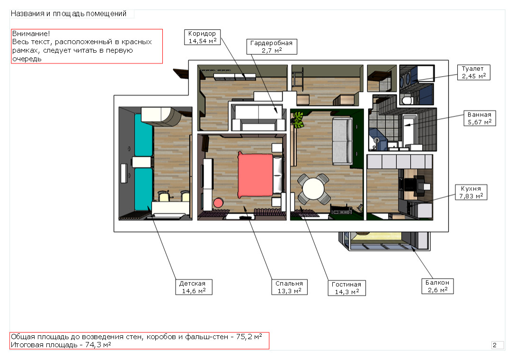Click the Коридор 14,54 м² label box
coord(202,37)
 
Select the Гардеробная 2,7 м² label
coord(272,46)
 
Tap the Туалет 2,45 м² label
coord(474,72)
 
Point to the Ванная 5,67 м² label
coord(479,118)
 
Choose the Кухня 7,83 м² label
coord(471,192)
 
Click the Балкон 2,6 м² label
coord(437,287)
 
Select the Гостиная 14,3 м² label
coord(347,288)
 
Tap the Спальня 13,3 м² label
coord(289,287)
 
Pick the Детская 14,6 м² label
coord(194,287)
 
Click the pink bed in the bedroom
coord(256,175)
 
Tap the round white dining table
coord(313,189)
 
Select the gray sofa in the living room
coord(342,141)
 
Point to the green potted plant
coord(298,120)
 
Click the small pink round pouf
coord(218,203)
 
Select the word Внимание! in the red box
coord(31,34)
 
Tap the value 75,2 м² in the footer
coord(249,337)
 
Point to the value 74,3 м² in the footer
coord(98,345)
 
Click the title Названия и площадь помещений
coord(69,14)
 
